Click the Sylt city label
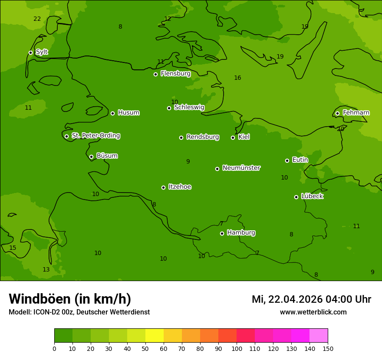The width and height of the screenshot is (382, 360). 42,52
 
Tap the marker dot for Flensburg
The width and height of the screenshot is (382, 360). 155,74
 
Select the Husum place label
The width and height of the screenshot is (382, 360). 128,113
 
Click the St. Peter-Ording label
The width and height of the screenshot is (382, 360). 95,136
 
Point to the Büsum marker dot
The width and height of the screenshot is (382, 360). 91,157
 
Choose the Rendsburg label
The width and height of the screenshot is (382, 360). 203,137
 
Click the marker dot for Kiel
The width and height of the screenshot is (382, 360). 233,137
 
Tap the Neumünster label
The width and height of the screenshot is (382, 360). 241,168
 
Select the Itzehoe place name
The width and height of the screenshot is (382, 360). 180,187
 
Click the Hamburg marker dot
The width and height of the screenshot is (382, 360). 222,233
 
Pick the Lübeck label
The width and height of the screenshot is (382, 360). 312,196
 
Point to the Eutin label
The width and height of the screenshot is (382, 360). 300,160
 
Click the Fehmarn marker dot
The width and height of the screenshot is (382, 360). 337,113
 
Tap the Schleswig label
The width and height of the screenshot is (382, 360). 189,107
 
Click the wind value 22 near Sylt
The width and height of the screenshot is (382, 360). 37,19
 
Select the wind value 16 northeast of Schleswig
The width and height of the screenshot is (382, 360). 237,78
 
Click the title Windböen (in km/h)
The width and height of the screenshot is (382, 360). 70,299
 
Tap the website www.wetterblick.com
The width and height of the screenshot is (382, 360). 313,312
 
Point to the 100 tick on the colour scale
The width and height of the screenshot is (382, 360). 237,348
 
